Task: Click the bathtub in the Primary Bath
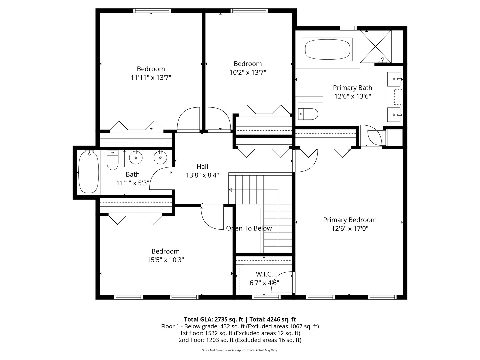[327, 50]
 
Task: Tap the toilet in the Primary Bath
[308, 114]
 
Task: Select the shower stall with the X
[376, 46]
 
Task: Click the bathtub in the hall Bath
[88, 172]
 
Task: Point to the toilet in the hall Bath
[113, 161]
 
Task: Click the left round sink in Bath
[136, 157]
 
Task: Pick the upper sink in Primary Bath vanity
[394, 79]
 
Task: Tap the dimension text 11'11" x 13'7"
[151, 78]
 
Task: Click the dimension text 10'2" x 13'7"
[248, 72]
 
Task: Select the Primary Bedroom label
[350, 220]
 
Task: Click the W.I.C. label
[264, 274]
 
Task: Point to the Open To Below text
[249, 228]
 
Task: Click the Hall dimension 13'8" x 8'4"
[202, 175]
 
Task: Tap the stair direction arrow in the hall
[230, 190]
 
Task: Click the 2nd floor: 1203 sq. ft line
[240, 340]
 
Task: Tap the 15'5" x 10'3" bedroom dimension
[166, 260]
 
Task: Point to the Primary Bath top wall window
[348, 28]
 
